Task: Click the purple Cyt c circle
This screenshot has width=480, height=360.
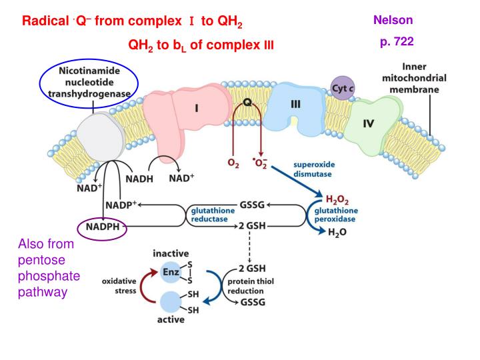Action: coord(343,88)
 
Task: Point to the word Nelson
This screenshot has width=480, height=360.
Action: coord(393,20)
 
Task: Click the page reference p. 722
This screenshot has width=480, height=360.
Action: coord(397,41)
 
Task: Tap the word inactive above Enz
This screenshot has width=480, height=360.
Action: coord(171,254)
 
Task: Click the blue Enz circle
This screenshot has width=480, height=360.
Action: coord(171,272)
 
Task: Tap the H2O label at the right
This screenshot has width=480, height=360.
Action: coord(338,231)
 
